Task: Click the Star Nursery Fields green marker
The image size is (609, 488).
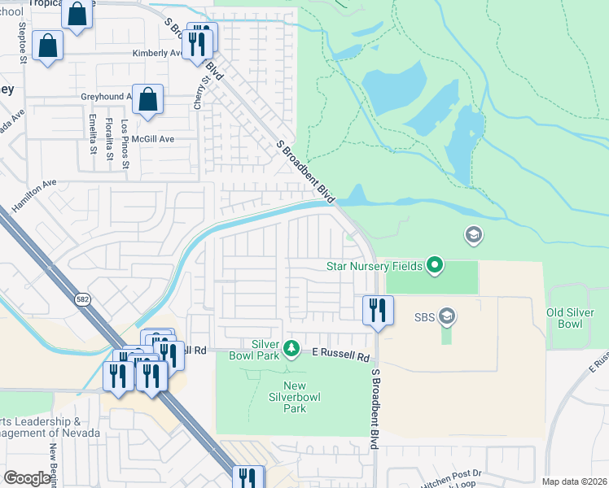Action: pos(435,264)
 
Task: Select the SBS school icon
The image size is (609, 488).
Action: pos(446,315)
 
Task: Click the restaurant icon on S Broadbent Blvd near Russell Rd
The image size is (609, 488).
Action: pos(378,310)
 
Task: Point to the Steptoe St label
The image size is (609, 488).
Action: pos(23,42)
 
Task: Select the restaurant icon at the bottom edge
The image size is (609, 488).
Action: pos(247,477)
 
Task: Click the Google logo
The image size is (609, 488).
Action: pos(28,478)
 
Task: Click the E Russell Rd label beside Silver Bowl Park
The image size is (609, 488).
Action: pos(341,357)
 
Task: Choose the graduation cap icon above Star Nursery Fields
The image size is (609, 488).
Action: pos(472,236)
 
